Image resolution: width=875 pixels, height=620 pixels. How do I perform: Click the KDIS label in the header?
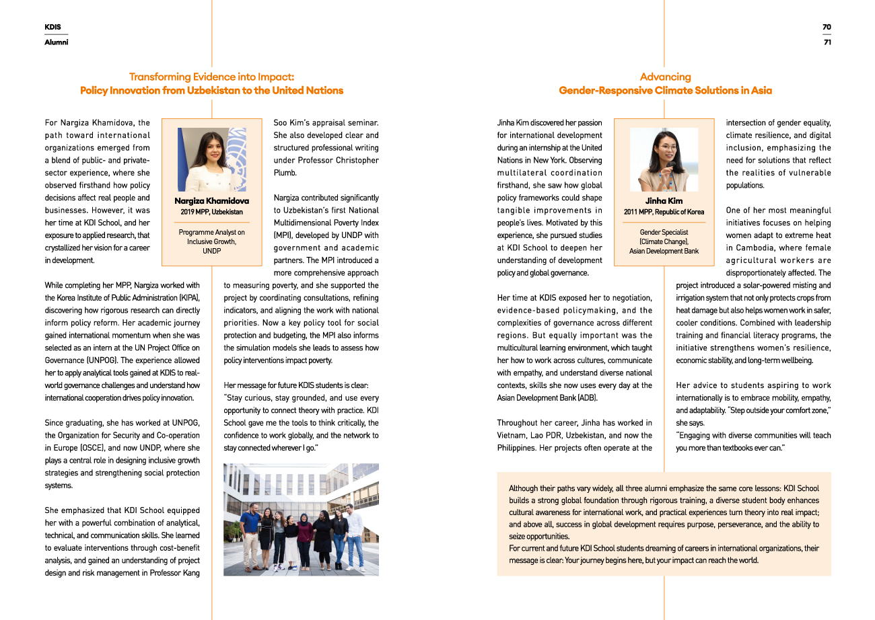(x=53, y=27)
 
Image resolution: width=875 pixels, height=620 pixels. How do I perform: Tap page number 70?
(x=827, y=27)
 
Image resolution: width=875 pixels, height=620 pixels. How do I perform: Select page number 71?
(x=827, y=42)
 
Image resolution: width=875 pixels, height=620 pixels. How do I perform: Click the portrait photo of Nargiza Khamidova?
(x=212, y=159)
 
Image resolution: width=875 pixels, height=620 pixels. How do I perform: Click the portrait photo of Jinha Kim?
(x=664, y=159)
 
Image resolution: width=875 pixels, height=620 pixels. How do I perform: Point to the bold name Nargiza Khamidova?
(x=212, y=201)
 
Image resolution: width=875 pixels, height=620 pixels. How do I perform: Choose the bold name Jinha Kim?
(x=664, y=201)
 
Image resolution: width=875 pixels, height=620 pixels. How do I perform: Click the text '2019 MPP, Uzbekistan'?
(x=212, y=212)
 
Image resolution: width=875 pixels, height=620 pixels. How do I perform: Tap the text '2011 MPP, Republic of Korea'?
(x=664, y=212)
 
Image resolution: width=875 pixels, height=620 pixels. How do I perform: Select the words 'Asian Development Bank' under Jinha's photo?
(x=664, y=251)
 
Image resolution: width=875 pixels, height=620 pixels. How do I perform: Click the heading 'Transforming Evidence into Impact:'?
(x=211, y=77)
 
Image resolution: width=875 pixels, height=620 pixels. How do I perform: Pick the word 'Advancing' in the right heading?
(x=665, y=77)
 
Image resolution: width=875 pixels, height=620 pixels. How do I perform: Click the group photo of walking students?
(x=301, y=519)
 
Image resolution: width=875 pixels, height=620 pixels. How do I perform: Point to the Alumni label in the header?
(x=57, y=42)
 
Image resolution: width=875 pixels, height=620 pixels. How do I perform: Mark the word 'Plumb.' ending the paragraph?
(x=285, y=173)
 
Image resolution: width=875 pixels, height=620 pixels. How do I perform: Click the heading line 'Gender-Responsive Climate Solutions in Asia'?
(x=665, y=90)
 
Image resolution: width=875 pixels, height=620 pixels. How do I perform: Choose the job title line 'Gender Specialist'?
(x=664, y=232)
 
